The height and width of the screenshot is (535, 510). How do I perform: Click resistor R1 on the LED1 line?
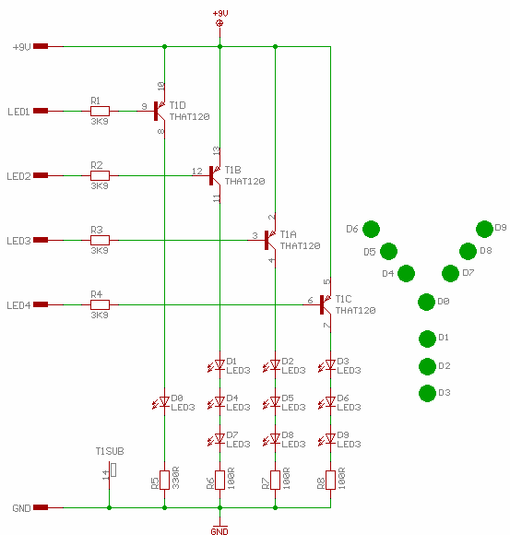click(100, 111)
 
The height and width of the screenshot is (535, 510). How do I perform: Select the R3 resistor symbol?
click(100, 240)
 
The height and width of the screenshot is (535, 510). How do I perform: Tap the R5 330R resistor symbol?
click(165, 480)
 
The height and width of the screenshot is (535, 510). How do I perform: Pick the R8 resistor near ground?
click(330, 480)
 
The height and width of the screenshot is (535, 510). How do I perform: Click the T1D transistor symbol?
click(159, 111)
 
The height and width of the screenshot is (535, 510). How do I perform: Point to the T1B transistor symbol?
click(214, 175)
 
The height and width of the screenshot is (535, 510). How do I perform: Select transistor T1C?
click(325, 304)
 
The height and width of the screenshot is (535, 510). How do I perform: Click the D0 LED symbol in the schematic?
click(161, 402)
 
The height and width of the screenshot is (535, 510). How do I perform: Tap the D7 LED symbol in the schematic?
click(217, 439)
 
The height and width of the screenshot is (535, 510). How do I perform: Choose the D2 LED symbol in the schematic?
click(272, 365)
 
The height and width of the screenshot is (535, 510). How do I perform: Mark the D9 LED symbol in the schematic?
click(327, 439)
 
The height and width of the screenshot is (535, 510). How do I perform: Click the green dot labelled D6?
click(371, 229)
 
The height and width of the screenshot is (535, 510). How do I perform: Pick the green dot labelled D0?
click(426, 302)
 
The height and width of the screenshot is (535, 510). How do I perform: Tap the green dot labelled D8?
click(468, 252)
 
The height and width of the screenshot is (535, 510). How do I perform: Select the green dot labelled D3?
click(427, 393)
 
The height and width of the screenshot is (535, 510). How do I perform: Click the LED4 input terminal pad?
click(41, 304)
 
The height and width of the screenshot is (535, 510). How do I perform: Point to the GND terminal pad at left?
click(41, 507)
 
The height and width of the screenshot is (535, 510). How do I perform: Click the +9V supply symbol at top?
click(220, 23)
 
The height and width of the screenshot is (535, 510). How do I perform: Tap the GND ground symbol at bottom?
click(219, 527)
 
